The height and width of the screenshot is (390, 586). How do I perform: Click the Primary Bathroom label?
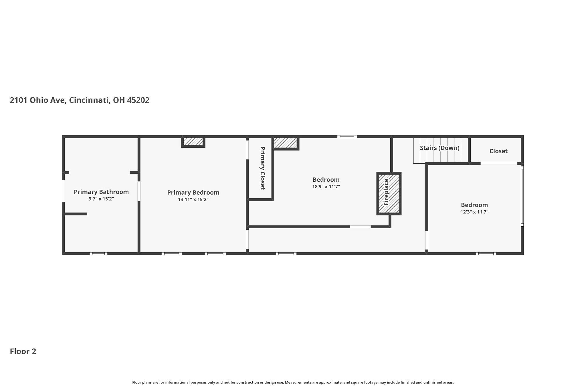tap(101, 192)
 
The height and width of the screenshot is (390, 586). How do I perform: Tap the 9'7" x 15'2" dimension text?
tap(101, 199)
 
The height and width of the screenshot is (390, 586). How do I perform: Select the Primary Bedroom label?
tap(193, 193)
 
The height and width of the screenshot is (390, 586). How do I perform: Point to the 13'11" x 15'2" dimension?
tap(193, 199)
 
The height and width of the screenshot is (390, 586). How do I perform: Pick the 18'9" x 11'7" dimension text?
tap(326, 187)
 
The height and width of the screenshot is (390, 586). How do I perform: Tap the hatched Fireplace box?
tap(389, 193)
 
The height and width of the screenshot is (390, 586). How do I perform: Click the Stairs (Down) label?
tap(439, 148)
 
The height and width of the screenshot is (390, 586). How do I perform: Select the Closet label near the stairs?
tap(498, 151)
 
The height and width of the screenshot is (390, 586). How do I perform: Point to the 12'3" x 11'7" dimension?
tap(474, 212)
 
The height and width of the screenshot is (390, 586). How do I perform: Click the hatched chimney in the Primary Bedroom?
tap(193, 142)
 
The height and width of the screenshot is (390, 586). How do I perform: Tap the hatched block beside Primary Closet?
tap(286, 143)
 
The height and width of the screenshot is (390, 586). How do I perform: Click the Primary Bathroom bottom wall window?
tap(98, 254)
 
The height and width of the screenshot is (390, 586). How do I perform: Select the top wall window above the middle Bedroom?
tap(347, 137)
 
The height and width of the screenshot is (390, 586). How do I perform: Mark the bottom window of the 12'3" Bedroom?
tap(486, 254)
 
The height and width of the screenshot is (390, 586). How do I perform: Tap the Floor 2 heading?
tap(23, 351)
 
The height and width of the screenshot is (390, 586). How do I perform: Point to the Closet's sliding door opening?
tap(499, 163)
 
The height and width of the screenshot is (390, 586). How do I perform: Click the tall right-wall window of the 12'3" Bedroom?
tap(522, 196)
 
